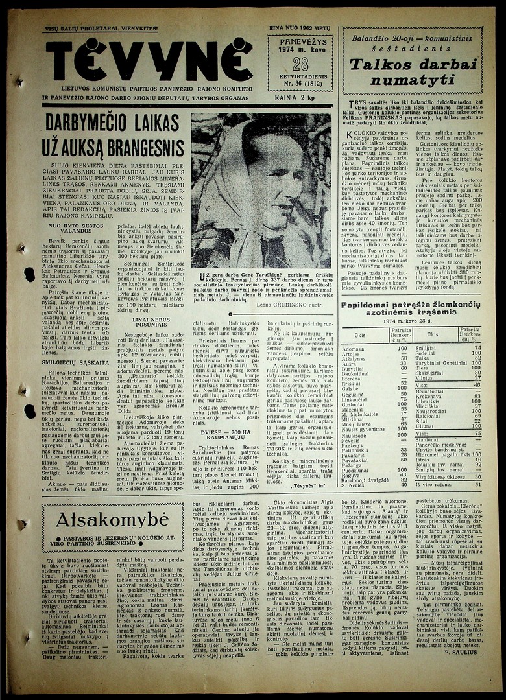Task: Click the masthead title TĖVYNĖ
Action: point(149,61)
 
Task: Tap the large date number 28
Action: point(300,64)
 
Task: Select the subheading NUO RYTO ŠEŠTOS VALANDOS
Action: point(75,227)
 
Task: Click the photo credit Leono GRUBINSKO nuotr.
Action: point(295,305)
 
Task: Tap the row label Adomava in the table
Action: point(354,348)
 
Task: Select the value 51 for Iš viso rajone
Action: point(477,484)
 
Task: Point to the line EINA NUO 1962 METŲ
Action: point(300,29)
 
